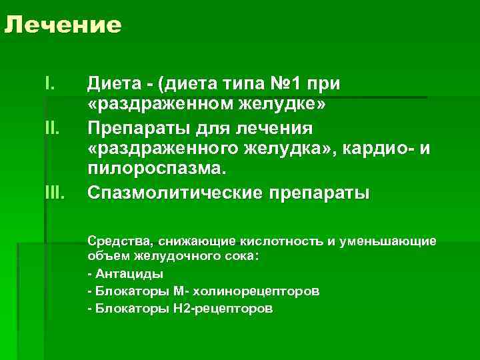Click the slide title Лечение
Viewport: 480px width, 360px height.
(x=63, y=25)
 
